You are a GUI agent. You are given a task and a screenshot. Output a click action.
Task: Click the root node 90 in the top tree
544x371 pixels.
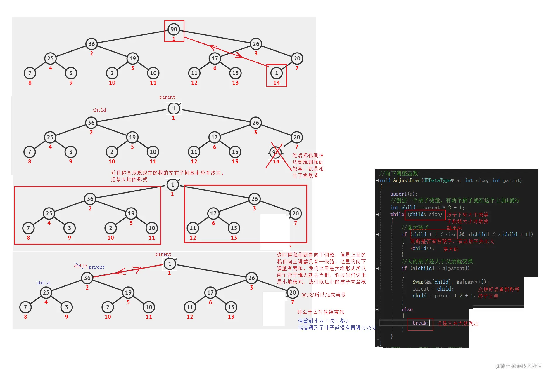coord(174,29)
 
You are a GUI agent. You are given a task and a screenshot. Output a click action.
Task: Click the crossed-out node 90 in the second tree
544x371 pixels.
coord(275,152)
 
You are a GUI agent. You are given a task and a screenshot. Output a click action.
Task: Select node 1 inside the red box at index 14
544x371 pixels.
coord(276,73)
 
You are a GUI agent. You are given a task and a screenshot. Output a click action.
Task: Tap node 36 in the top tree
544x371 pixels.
coord(91,44)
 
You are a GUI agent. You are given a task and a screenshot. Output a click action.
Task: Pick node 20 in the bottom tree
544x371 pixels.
coord(293,292)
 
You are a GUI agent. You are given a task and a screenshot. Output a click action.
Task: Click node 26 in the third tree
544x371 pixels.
coord(255,199)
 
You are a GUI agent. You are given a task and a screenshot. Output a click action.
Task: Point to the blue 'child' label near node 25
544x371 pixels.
coord(43,283)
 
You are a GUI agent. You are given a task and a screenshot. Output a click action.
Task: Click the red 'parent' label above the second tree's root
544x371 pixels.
coord(167,97)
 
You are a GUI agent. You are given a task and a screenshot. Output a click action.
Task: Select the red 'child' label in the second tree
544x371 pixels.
coord(99,110)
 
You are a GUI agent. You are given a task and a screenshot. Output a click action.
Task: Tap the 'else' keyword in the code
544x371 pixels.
coord(407,309)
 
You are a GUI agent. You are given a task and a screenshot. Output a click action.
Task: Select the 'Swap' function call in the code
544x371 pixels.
coord(418,282)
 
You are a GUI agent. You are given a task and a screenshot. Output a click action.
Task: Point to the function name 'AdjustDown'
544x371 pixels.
coord(407,180)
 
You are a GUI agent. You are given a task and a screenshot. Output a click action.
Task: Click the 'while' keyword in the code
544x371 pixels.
coord(397,214)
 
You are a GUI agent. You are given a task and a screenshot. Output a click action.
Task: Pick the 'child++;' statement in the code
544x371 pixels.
coord(423,248)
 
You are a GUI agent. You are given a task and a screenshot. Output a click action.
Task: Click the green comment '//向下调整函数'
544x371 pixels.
coord(399,173)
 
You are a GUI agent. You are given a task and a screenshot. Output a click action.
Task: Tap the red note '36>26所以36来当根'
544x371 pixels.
coord(323,295)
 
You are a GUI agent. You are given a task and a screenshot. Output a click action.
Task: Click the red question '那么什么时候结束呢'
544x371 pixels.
coord(320,312)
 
